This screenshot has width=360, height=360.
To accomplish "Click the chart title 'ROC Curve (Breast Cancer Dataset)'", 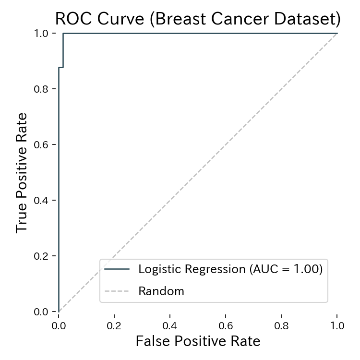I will point(198,19).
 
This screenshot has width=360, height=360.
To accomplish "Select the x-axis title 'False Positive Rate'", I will point(198,341).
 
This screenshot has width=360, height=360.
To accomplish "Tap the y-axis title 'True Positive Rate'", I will point(22,173).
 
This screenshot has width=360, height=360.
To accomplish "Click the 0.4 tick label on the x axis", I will point(170,325).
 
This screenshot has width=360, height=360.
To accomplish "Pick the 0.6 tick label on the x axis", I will point(226,325).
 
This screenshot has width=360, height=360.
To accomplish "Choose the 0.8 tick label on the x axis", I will point(281,325).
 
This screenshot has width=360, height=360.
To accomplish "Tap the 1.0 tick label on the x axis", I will point(337,325).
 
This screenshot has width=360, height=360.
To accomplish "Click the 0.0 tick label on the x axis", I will point(59,325).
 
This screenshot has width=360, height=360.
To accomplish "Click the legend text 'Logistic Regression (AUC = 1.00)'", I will point(230,269).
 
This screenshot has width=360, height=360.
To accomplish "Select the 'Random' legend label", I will point(161,291).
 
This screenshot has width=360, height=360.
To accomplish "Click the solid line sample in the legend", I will point(117,269).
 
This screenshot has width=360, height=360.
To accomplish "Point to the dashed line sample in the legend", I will point(117,291).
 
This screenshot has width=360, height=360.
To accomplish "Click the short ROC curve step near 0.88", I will point(61,68).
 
